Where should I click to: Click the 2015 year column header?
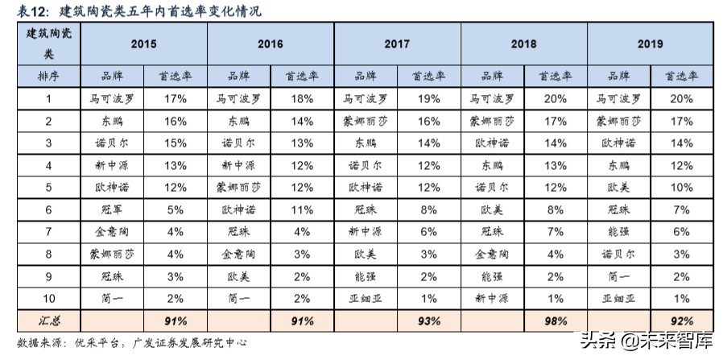pyautogui.click(x=143, y=44)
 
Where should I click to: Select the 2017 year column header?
pyautogui.click(x=397, y=44)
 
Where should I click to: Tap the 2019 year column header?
pyautogui.click(x=650, y=44)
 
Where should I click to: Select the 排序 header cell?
pyautogui.click(x=48, y=77)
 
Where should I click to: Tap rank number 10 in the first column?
pyautogui.click(x=48, y=298)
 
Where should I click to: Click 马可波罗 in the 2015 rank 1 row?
pyautogui.click(x=112, y=99)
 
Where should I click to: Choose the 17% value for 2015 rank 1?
pyautogui.click(x=176, y=99)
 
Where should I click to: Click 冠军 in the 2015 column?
pyautogui.click(x=112, y=209)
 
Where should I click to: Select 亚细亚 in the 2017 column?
pyautogui.click(x=366, y=298)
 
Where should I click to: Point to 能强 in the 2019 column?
pyautogui.click(x=618, y=231)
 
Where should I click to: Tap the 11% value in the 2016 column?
pyautogui.click(x=302, y=209)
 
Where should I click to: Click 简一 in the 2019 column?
pyautogui.click(x=618, y=275)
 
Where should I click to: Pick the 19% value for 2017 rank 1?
pyautogui.click(x=428, y=99)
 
